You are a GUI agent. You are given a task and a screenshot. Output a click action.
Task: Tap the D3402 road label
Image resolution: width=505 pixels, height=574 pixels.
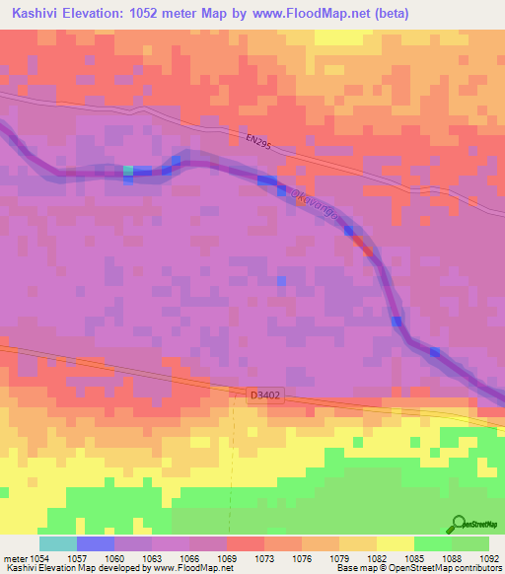(x=265, y=395)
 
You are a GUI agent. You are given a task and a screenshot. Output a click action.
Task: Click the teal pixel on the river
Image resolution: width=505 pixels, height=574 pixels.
(x=128, y=171)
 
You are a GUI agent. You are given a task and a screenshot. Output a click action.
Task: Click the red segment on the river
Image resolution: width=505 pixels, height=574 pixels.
(x=368, y=251)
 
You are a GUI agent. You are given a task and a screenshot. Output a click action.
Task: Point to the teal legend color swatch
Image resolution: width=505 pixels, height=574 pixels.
(x=58, y=543)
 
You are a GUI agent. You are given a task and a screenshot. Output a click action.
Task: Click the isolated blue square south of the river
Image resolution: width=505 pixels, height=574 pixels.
(x=281, y=281)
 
